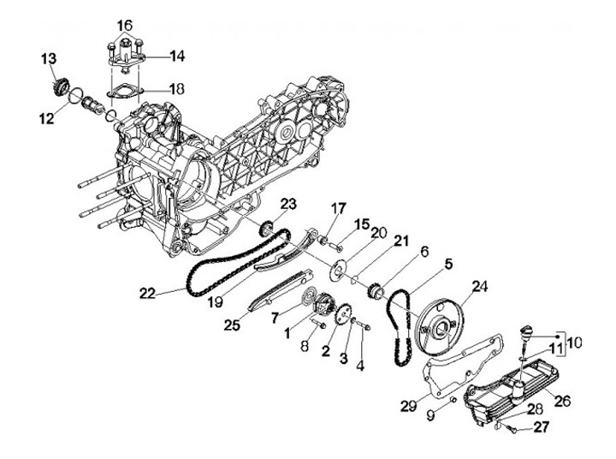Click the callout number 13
48,57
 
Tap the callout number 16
126,23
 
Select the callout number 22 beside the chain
147,293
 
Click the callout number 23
287,203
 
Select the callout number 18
177,88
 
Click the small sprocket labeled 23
268,228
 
